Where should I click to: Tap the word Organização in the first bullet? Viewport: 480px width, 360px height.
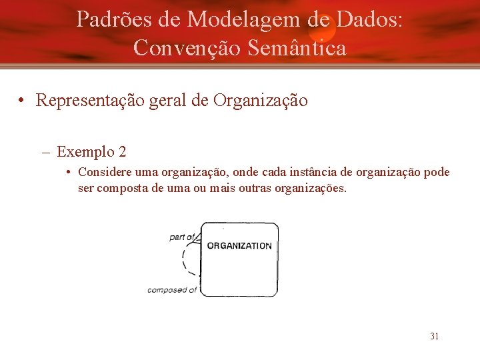260,101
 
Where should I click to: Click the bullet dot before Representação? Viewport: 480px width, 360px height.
23,101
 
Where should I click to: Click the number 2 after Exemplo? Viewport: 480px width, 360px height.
122,151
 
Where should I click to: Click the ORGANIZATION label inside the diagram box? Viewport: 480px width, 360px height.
239,245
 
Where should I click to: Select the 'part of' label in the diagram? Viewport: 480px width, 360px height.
181,237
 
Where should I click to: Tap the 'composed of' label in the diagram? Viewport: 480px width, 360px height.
172,290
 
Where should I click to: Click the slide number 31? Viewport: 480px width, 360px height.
434,336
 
